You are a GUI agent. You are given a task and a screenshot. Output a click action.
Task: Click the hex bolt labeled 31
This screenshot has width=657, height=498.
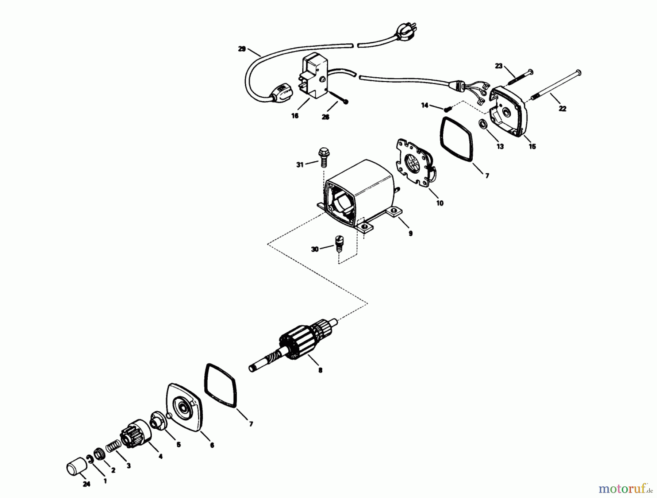tap(323, 157)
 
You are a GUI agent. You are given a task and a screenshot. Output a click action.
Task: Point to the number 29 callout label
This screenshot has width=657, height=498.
tap(242, 49)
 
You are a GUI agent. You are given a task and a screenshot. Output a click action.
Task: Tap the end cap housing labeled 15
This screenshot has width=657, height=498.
tap(509, 111)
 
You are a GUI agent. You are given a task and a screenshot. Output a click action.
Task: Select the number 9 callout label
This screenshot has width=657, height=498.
tap(411, 233)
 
